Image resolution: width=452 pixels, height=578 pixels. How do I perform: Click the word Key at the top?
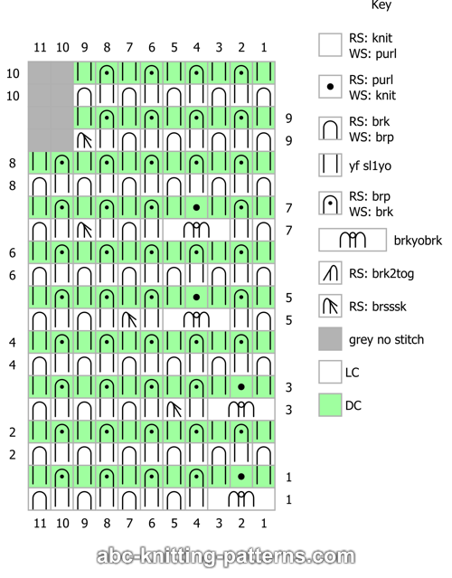(x=381, y=5)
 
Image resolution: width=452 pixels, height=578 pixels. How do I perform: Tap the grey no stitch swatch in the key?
(x=330, y=338)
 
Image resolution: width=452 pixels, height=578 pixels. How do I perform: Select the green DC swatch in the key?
(x=330, y=404)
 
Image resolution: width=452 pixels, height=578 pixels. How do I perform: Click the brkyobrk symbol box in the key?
(x=353, y=240)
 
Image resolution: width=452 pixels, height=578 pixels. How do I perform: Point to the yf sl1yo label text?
(x=370, y=166)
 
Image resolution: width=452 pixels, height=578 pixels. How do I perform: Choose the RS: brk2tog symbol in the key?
(x=330, y=273)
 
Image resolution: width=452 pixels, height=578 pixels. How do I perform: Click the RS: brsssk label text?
(x=378, y=307)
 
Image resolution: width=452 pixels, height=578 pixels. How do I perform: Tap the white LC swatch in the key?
(x=330, y=372)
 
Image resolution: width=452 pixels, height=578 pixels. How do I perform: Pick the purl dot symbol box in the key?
(x=330, y=87)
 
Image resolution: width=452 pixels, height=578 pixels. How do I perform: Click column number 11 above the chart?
(x=40, y=48)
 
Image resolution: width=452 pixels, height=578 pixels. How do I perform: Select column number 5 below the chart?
(x=174, y=523)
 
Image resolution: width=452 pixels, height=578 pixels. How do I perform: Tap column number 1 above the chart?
(x=264, y=48)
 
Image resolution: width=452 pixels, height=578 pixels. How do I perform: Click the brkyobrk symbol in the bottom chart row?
(x=241, y=499)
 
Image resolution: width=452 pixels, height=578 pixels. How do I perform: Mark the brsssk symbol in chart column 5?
(x=174, y=410)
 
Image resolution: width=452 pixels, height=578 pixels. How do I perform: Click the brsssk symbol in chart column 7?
(x=129, y=320)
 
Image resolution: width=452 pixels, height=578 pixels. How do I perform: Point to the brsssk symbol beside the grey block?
(x=85, y=140)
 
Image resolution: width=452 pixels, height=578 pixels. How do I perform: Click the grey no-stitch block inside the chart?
(x=51, y=107)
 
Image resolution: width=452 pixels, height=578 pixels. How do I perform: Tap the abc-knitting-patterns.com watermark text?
(x=226, y=556)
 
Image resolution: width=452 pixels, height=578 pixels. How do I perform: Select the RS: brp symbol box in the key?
(x=330, y=204)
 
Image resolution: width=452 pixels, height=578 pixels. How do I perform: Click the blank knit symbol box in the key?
(x=330, y=45)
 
